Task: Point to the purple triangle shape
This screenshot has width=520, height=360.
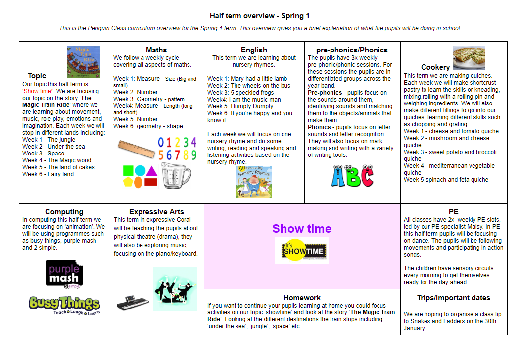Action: pyautogui.click(x=151, y=171)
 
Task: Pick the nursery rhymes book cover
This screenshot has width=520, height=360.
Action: pyautogui.click(x=254, y=182)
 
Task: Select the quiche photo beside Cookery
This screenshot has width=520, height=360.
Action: pyautogui.click(x=469, y=58)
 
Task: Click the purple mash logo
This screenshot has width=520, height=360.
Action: pyautogui.click(x=64, y=274)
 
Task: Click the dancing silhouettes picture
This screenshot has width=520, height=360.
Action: pyautogui.click(x=175, y=289)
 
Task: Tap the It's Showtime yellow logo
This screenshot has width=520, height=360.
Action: pyautogui.click(x=302, y=251)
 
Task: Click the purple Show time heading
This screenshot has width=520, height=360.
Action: pyautogui.click(x=302, y=228)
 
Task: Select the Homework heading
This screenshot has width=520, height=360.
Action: pyautogui.click(x=302, y=298)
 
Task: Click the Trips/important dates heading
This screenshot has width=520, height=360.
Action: pyautogui.click(x=454, y=298)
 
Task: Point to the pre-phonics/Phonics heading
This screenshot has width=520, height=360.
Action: pyautogui.click(x=352, y=50)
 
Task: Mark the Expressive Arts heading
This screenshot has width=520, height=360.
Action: pyautogui.click(x=156, y=212)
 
